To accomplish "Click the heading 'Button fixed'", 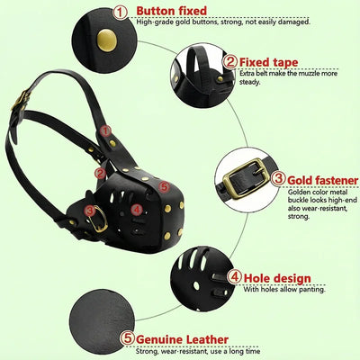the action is point(172,11).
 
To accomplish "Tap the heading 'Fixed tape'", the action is point(268,62).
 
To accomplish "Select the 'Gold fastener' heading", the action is point(323,181).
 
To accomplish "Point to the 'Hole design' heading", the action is point(277,278).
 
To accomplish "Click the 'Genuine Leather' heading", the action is point(182,340).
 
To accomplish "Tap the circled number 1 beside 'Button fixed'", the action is point(120,13).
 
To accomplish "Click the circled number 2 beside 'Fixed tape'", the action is point(230,62).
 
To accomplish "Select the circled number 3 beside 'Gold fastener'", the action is point(278,179).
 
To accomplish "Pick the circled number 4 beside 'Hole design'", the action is point(234,276).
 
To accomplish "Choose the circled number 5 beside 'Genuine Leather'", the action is point(128,338).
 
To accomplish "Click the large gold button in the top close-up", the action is point(107,40).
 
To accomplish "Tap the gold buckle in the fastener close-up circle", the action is point(246,179).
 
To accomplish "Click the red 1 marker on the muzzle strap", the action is point(105,130).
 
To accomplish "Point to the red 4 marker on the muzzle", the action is point(137,210).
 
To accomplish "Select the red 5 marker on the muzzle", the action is point(164,187).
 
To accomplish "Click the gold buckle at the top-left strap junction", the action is point(21,101).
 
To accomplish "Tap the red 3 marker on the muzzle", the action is point(90,211).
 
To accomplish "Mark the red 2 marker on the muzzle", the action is point(100,174).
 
